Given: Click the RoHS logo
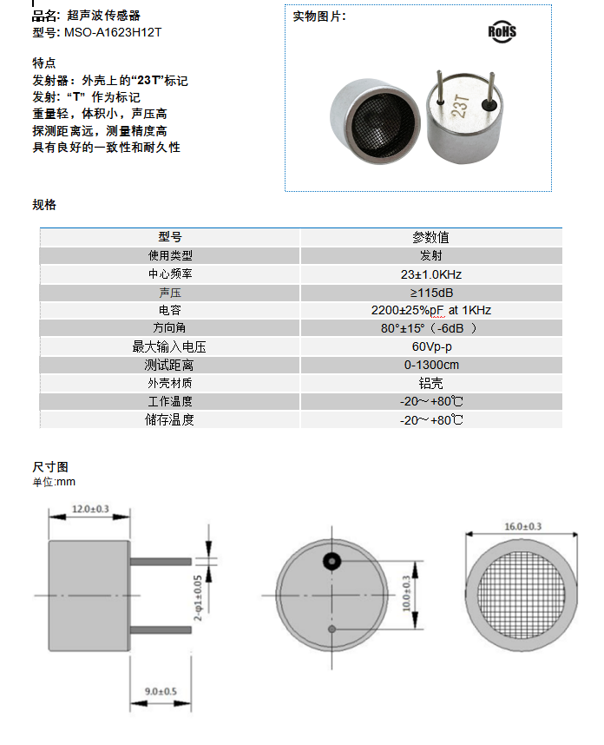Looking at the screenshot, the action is click(502, 31).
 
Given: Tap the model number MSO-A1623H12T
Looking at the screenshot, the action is click(113, 32).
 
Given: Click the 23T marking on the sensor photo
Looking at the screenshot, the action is click(460, 106).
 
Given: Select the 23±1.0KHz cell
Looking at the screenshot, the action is click(431, 274).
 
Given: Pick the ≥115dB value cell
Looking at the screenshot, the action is click(431, 293).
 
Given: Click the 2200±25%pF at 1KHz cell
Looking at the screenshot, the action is click(431, 310).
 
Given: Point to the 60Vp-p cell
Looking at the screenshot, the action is click(431, 346).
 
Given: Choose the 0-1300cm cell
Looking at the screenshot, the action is click(431, 365).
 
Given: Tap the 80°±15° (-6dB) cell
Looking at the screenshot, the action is click(431, 328).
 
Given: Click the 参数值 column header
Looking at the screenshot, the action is click(430, 237).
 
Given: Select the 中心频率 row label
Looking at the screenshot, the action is click(170, 274).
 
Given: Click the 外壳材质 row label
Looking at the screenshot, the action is click(170, 383).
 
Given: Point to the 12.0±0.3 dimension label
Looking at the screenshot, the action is click(90, 509).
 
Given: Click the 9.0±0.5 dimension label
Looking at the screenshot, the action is click(161, 691).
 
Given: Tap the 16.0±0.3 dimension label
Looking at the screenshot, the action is click(522, 526).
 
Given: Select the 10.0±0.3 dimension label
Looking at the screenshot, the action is click(406, 593).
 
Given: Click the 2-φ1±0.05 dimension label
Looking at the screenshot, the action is click(198, 598).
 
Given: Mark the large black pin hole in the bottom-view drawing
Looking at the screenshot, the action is click(332, 562).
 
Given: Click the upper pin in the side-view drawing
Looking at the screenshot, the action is click(161, 562).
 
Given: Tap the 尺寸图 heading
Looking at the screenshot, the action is click(50, 467).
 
